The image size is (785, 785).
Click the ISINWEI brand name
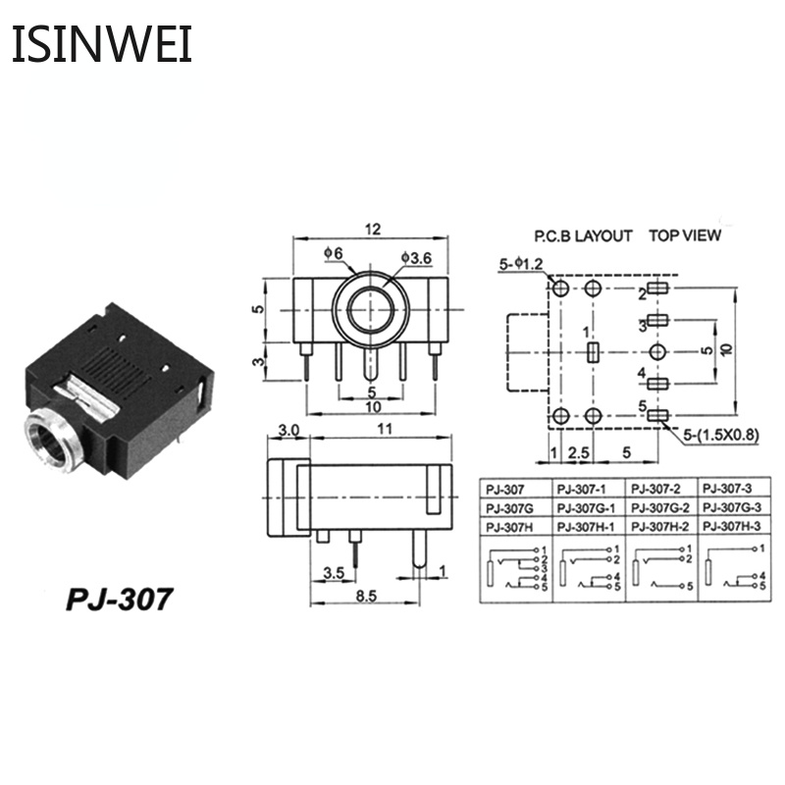(102, 45)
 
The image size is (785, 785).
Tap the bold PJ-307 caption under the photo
(119, 598)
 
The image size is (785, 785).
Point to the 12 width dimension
(372, 229)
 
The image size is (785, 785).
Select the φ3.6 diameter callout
(416, 258)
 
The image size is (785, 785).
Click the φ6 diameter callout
(334, 254)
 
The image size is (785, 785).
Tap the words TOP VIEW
(684, 235)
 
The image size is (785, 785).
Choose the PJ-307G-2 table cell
(661, 506)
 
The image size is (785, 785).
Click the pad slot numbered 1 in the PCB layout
(591, 352)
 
